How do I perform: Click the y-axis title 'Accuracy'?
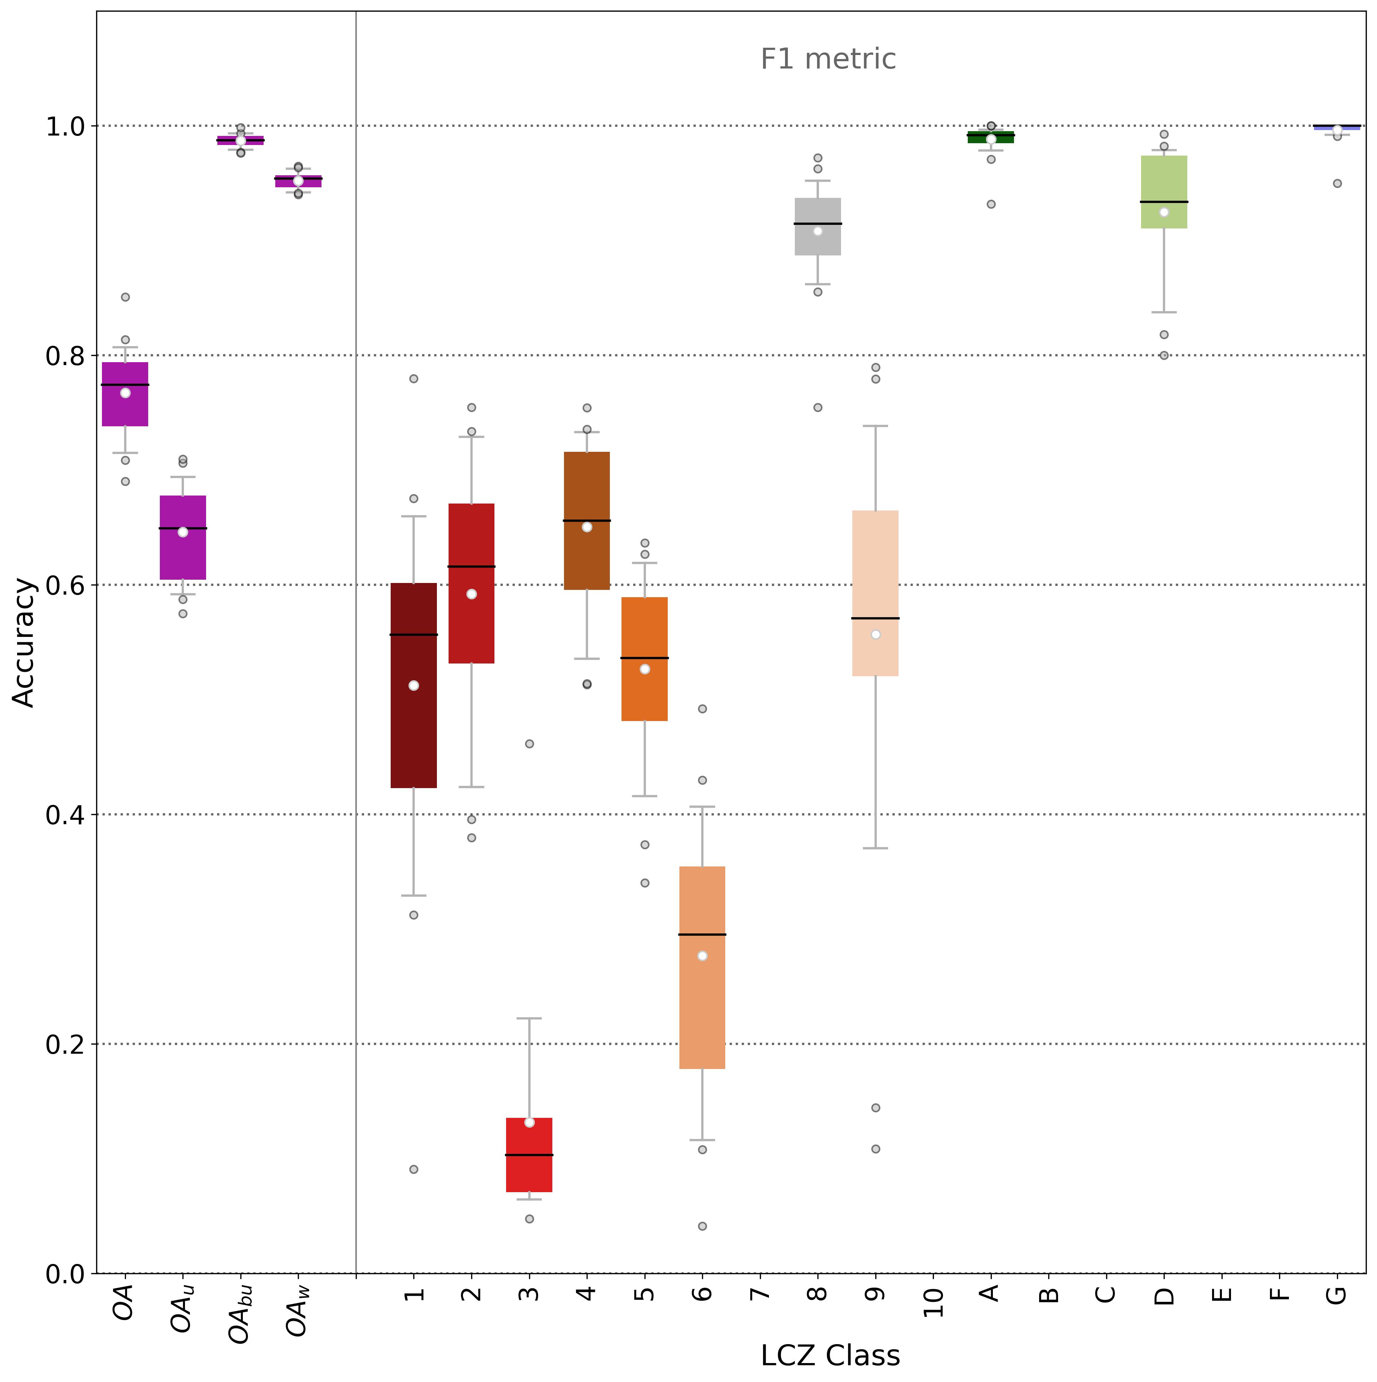coord(24,642)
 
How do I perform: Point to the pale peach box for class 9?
coord(875,593)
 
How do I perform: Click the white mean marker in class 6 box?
coord(702,956)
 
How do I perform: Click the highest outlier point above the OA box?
coord(125,297)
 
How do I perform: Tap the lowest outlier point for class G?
coord(1337,183)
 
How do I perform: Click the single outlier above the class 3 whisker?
coord(529,744)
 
